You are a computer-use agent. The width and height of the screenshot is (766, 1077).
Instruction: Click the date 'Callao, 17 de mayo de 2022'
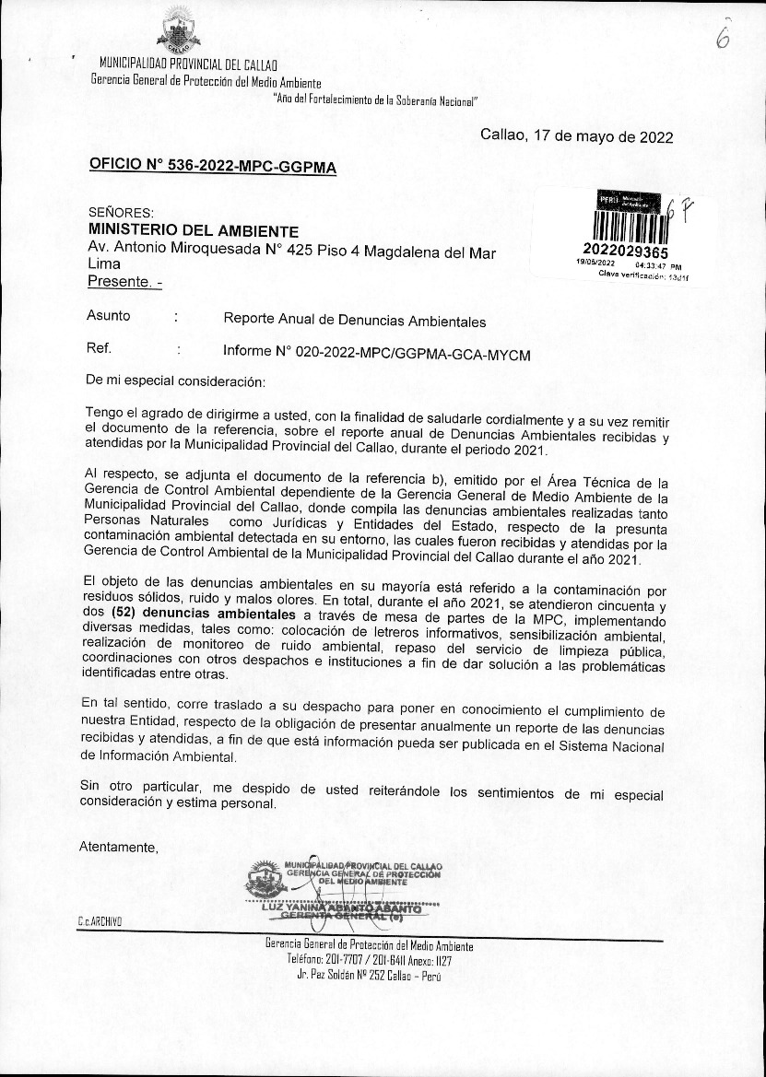point(576,136)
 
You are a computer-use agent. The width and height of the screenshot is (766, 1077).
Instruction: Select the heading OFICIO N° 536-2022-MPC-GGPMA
point(213,167)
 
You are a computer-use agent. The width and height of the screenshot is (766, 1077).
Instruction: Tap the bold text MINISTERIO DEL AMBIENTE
point(194,230)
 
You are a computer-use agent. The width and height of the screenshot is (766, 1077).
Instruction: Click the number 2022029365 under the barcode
point(626,252)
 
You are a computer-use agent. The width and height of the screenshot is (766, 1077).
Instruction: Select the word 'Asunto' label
point(109,316)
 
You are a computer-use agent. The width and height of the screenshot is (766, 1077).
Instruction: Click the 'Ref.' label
point(99,349)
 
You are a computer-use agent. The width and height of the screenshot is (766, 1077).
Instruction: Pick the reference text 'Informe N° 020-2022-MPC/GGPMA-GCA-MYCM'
point(377,353)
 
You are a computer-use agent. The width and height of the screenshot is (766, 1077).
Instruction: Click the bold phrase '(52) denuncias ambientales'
point(194,613)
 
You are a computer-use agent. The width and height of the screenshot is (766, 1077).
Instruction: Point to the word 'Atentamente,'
point(119,847)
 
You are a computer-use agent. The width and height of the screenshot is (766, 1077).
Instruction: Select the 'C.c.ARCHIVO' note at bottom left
point(100,922)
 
